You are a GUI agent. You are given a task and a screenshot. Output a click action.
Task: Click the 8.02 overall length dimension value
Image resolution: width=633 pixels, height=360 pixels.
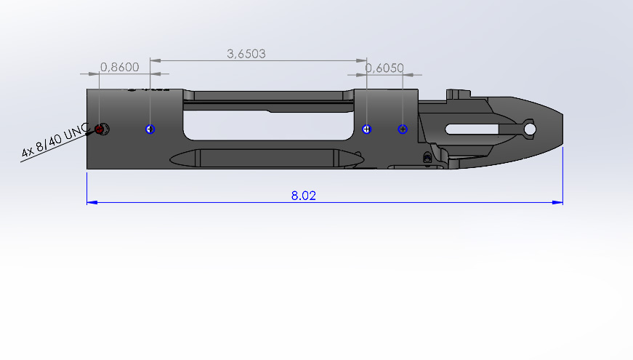coord(304,196)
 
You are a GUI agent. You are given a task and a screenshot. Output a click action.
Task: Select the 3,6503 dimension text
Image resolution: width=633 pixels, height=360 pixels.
coord(246,54)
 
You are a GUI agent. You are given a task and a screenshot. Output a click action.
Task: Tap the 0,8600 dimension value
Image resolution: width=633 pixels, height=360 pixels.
coord(119,67)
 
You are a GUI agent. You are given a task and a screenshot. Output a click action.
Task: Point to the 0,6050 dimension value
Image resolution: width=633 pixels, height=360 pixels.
coord(384,68)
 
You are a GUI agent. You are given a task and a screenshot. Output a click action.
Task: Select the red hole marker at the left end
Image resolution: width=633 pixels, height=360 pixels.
coord(99,129)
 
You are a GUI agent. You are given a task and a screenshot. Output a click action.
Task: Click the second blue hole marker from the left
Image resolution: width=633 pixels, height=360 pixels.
coord(150,129)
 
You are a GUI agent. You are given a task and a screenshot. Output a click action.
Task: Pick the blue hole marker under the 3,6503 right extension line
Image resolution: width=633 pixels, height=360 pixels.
coord(366,129)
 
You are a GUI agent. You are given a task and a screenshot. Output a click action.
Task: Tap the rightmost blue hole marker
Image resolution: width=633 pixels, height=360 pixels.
coord(403,129)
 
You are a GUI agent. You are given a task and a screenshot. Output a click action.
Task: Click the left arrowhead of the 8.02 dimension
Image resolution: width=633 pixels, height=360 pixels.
coord(92,202)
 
